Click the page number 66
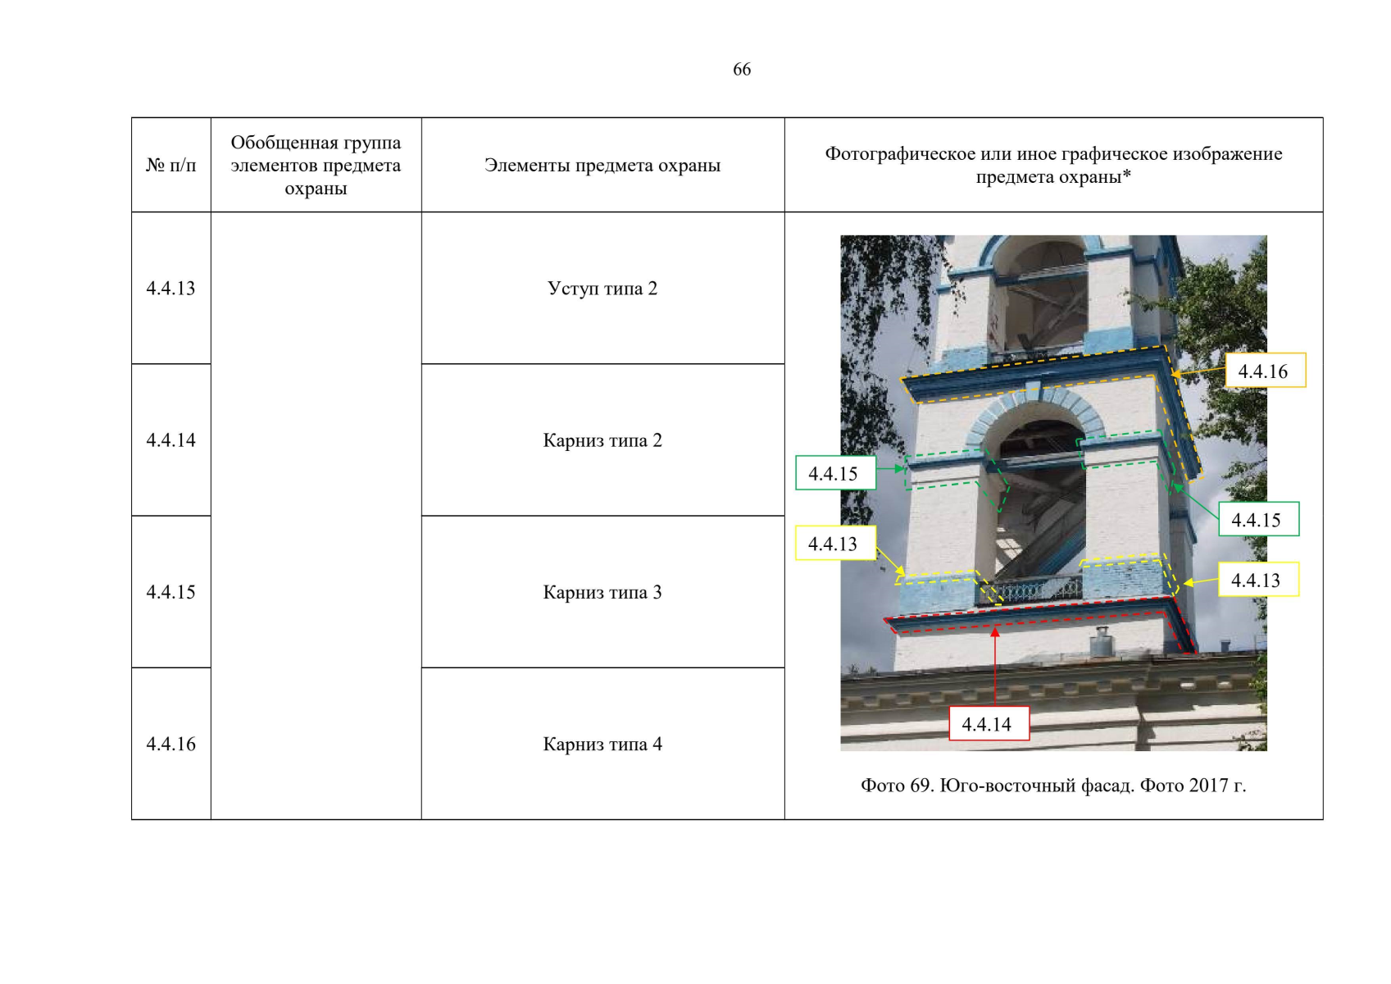(x=742, y=69)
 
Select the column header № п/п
(x=170, y=166)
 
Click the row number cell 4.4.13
(x=170, y=289)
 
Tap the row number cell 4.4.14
(x=170, y=440)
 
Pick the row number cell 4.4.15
(x=170, y=592)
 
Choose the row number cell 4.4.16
(x=170, y=744)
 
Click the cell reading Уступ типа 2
(x=602, y=289)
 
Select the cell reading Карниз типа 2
(x=602, y=440)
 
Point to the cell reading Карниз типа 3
(x=602, y=592)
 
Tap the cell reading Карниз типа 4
(x=602, y=745)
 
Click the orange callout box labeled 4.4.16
(x=1266, y=371)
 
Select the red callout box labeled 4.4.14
(x=989, y=723)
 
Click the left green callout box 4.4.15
(x=836, y=473)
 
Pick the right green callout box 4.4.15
(x=1259, y=519)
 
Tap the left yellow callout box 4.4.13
(x=836, y=543)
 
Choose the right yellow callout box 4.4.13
(x=1259, y=580)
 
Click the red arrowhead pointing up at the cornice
(x=995, y=632)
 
